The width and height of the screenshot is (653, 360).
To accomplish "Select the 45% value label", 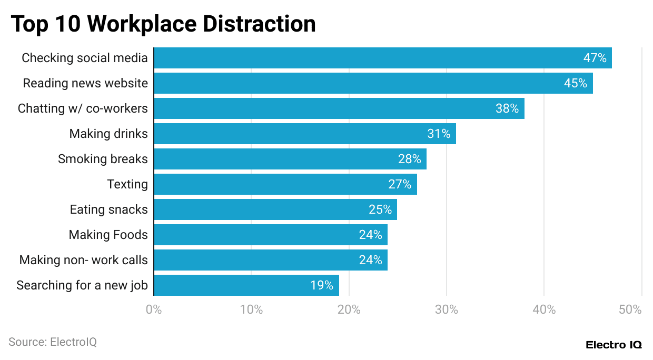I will [575, 83].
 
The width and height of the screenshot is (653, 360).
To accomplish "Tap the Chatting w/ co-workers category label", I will [83, 108].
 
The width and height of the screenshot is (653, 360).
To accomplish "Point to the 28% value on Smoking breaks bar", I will [409, 159].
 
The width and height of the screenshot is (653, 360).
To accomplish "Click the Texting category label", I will [127, 184].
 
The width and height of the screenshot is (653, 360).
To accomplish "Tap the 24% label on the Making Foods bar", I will [370, 235].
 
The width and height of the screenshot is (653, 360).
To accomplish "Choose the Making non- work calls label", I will [83, 260].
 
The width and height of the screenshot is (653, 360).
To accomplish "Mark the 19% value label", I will [321, 285].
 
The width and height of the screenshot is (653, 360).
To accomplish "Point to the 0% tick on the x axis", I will [154, 309].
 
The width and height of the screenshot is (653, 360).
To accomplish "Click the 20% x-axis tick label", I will [349, 309].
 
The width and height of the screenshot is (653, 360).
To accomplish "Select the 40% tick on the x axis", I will [544, 309].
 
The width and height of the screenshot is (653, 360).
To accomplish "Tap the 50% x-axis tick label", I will [630, 309].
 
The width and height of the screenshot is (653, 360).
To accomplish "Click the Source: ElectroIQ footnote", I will [53, 342].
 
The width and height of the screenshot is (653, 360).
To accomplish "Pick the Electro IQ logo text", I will [614, 345].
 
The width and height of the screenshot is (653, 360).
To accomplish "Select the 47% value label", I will [595, 58].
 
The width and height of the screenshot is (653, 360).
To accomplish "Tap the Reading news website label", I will [85, 83].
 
